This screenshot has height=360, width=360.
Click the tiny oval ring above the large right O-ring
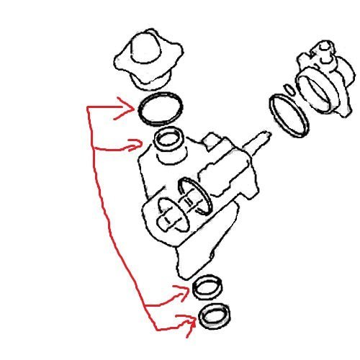(289, 89)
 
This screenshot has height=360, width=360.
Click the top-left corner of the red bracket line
(88, 109)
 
